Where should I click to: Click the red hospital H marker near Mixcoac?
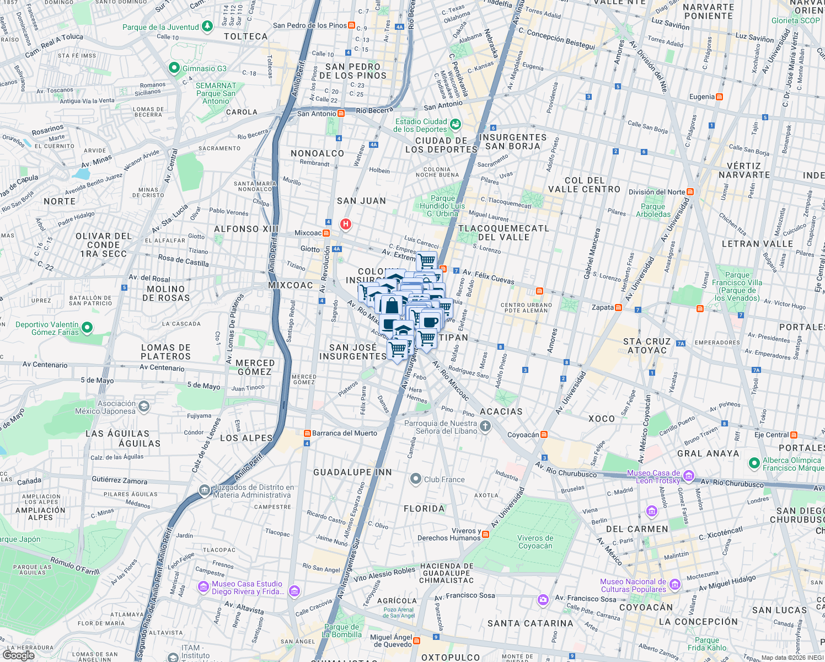[345, 224]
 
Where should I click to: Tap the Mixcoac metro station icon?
[326, 233]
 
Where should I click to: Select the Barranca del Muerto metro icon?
[307, 433]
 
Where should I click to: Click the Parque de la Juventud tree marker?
[207, 26]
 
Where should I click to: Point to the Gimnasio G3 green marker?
[174, 68]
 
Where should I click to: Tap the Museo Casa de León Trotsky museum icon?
[688, 476]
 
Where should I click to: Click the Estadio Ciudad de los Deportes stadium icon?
[455, 124]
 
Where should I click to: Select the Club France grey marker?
[416, 479]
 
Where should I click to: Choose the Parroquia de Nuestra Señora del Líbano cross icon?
[485, 426]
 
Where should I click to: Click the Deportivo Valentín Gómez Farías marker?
[87, 328]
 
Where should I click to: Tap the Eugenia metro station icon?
[719, 97]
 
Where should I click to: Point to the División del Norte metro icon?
[690, 192]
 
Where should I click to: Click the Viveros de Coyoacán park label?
[535, 542]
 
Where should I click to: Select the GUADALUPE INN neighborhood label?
[352, 472]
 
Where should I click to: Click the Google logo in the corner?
[19, 655]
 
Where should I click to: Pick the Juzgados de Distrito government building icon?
[205, 490]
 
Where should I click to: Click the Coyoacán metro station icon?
[544, 435]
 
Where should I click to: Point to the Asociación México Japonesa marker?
[143, 407]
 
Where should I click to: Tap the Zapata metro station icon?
[618, 307]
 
